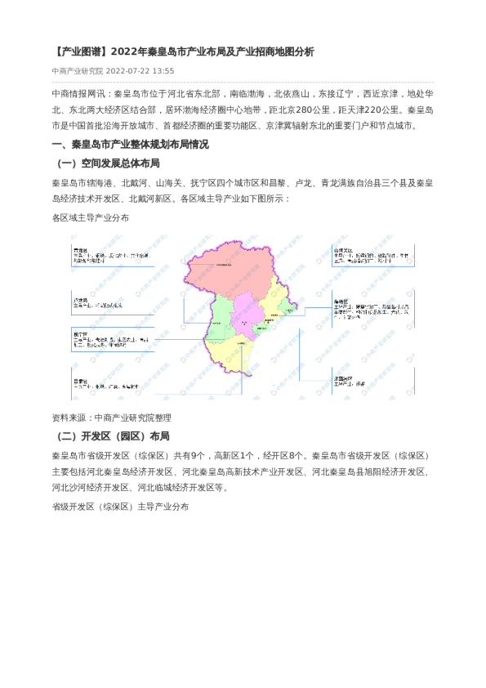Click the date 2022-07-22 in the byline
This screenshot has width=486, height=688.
coord(128,70)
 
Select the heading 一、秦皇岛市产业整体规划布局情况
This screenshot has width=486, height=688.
coord(130,145)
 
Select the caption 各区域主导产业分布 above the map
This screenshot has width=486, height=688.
coord(90,218)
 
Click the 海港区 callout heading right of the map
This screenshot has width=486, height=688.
coord(341,302)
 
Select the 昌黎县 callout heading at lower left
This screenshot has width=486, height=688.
coord(79,380)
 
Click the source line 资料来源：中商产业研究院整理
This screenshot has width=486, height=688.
coord(112,418)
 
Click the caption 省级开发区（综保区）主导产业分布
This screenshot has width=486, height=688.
coord(120,507)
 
